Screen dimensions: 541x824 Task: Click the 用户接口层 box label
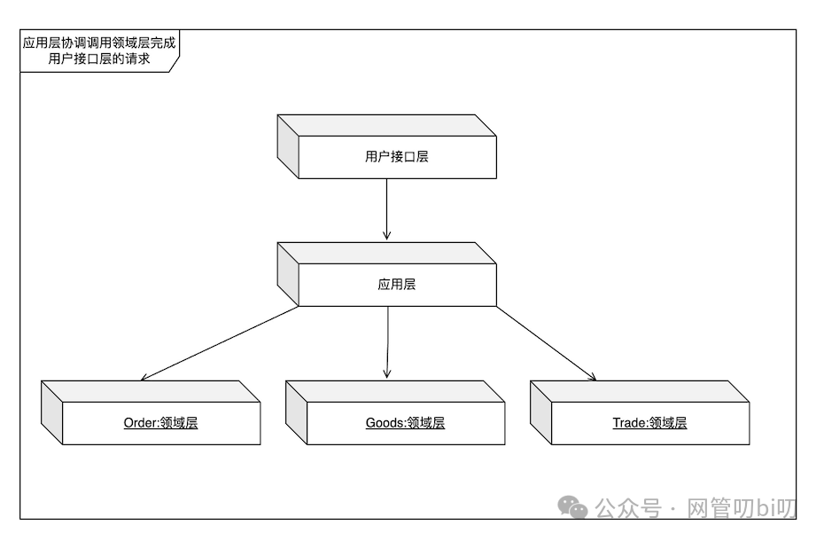point(397,157)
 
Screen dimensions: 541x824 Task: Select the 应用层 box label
point(397,285)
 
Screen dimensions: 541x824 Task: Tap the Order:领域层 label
point(160,423)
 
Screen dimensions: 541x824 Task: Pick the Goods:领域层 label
point(405,423)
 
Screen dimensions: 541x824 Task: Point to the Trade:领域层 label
point(649,423)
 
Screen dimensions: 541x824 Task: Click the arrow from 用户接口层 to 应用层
point(386,209)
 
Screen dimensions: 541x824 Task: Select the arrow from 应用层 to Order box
point(222,344)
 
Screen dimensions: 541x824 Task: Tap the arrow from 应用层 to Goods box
point(387,341)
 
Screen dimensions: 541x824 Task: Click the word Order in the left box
point(140,423)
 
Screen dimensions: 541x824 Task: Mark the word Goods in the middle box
point(384,423)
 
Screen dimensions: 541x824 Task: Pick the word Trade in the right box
point(628,423)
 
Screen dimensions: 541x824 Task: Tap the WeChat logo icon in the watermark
point(572,507)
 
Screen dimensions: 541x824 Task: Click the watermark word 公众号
point(628,508)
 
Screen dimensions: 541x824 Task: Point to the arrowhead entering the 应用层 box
point(386,235)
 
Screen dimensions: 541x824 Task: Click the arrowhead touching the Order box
point(145,377)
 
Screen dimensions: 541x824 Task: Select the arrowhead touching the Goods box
point(387,375)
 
